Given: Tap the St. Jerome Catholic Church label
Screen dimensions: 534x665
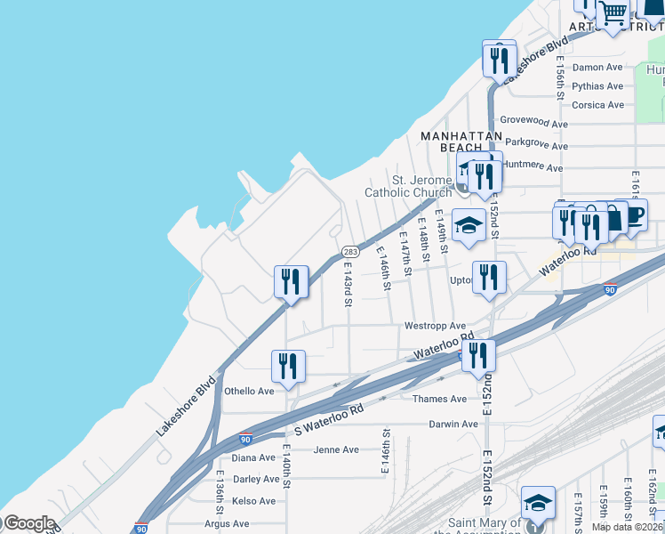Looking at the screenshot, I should [409, 186].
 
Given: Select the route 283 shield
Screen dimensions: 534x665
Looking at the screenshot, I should [350, 252].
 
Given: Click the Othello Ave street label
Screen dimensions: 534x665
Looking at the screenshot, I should [249, 391].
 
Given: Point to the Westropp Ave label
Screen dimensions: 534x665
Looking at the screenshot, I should [435, 327].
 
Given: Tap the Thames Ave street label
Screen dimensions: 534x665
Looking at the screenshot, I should [439, 399].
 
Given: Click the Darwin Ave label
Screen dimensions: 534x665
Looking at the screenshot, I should [453, 424].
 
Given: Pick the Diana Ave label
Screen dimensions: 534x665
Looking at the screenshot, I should [253, 457].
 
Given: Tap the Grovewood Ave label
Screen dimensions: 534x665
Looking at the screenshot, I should [533, 123].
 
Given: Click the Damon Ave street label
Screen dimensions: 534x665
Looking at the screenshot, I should [597, 68].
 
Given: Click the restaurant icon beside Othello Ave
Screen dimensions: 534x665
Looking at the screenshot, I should [288, 365].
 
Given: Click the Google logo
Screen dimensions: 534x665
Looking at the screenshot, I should [28, 523].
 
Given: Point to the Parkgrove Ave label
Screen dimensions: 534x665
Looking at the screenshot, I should [536, 145].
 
